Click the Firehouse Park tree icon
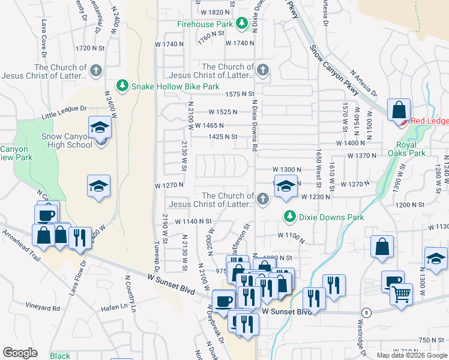coord(241,24)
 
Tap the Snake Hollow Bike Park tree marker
coord(122,86)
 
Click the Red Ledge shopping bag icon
coord(399,110)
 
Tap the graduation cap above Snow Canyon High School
coord(100,127)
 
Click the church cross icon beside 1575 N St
coord(262,71)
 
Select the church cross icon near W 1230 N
coord(262,198)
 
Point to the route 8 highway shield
coord(365,313)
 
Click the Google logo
coord(20,353)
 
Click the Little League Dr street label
coord(64,112)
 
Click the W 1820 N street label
coord(215,12)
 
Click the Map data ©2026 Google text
coord(412,355)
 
